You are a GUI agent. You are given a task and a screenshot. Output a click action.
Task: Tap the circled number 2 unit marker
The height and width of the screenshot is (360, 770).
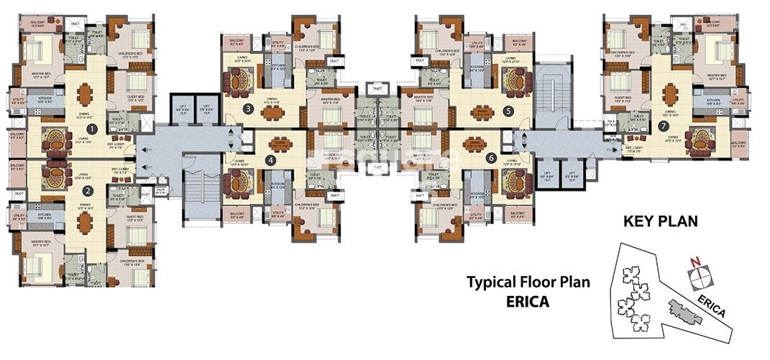pos(87,191)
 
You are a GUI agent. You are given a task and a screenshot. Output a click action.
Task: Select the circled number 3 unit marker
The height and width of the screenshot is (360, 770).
pos(247,109)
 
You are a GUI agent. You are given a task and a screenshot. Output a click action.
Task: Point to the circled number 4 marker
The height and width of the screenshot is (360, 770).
pos(270,160)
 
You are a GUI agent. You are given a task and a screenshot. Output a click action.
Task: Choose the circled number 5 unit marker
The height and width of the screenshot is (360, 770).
pos(508,111)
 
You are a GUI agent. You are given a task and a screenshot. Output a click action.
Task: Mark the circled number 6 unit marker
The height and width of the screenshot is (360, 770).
pos(492,158)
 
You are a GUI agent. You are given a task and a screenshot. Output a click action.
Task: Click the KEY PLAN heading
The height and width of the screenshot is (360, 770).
pos(660,221)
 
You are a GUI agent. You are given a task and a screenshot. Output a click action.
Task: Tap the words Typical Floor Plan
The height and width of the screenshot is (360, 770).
pos(528,282)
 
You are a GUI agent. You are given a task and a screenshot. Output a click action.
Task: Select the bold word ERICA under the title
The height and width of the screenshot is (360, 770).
pos(528,301)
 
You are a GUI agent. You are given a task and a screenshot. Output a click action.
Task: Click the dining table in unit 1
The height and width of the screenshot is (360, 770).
pos(86,93)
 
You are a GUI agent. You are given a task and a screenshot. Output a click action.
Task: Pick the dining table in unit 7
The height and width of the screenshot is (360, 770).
pos(670,93)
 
